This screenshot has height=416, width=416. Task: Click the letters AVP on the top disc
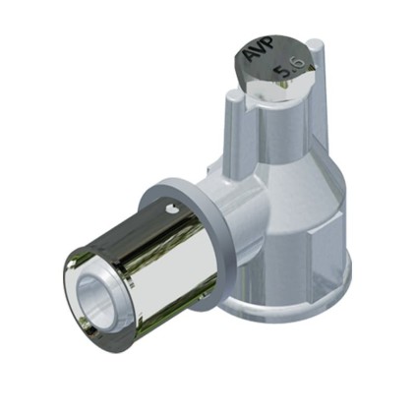coord(259,49)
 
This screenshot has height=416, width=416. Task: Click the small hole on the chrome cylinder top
coord(171,208)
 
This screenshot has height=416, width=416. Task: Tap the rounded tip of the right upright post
coord(316,44)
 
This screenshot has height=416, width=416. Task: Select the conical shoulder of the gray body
coord(295,184)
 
